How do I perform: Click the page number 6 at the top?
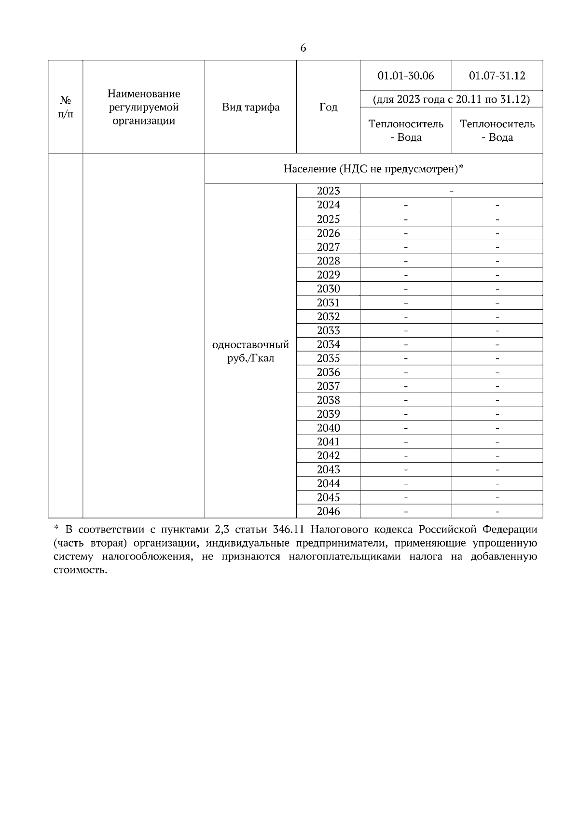(303, 48)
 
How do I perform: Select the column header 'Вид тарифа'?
(250, 107)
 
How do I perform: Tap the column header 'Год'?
(328, 107)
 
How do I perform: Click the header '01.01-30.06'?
(406, 76)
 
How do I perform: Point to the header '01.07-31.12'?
(497, 76)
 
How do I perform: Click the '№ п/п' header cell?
(66, 107)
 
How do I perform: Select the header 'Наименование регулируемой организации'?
(144, 107)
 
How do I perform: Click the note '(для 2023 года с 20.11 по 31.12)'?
(451, 99)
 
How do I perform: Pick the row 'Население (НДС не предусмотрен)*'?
(373, 169)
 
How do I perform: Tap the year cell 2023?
(328, 191)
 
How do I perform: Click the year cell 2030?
(328, 289)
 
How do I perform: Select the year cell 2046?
(328, 511)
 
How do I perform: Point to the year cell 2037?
(328, 386)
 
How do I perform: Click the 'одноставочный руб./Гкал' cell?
(250, 351)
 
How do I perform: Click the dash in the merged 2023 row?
(451, 191)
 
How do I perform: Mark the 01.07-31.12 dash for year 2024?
(497, 205)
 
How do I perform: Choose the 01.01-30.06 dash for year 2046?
(406, 512)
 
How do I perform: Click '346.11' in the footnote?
(288, 529)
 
